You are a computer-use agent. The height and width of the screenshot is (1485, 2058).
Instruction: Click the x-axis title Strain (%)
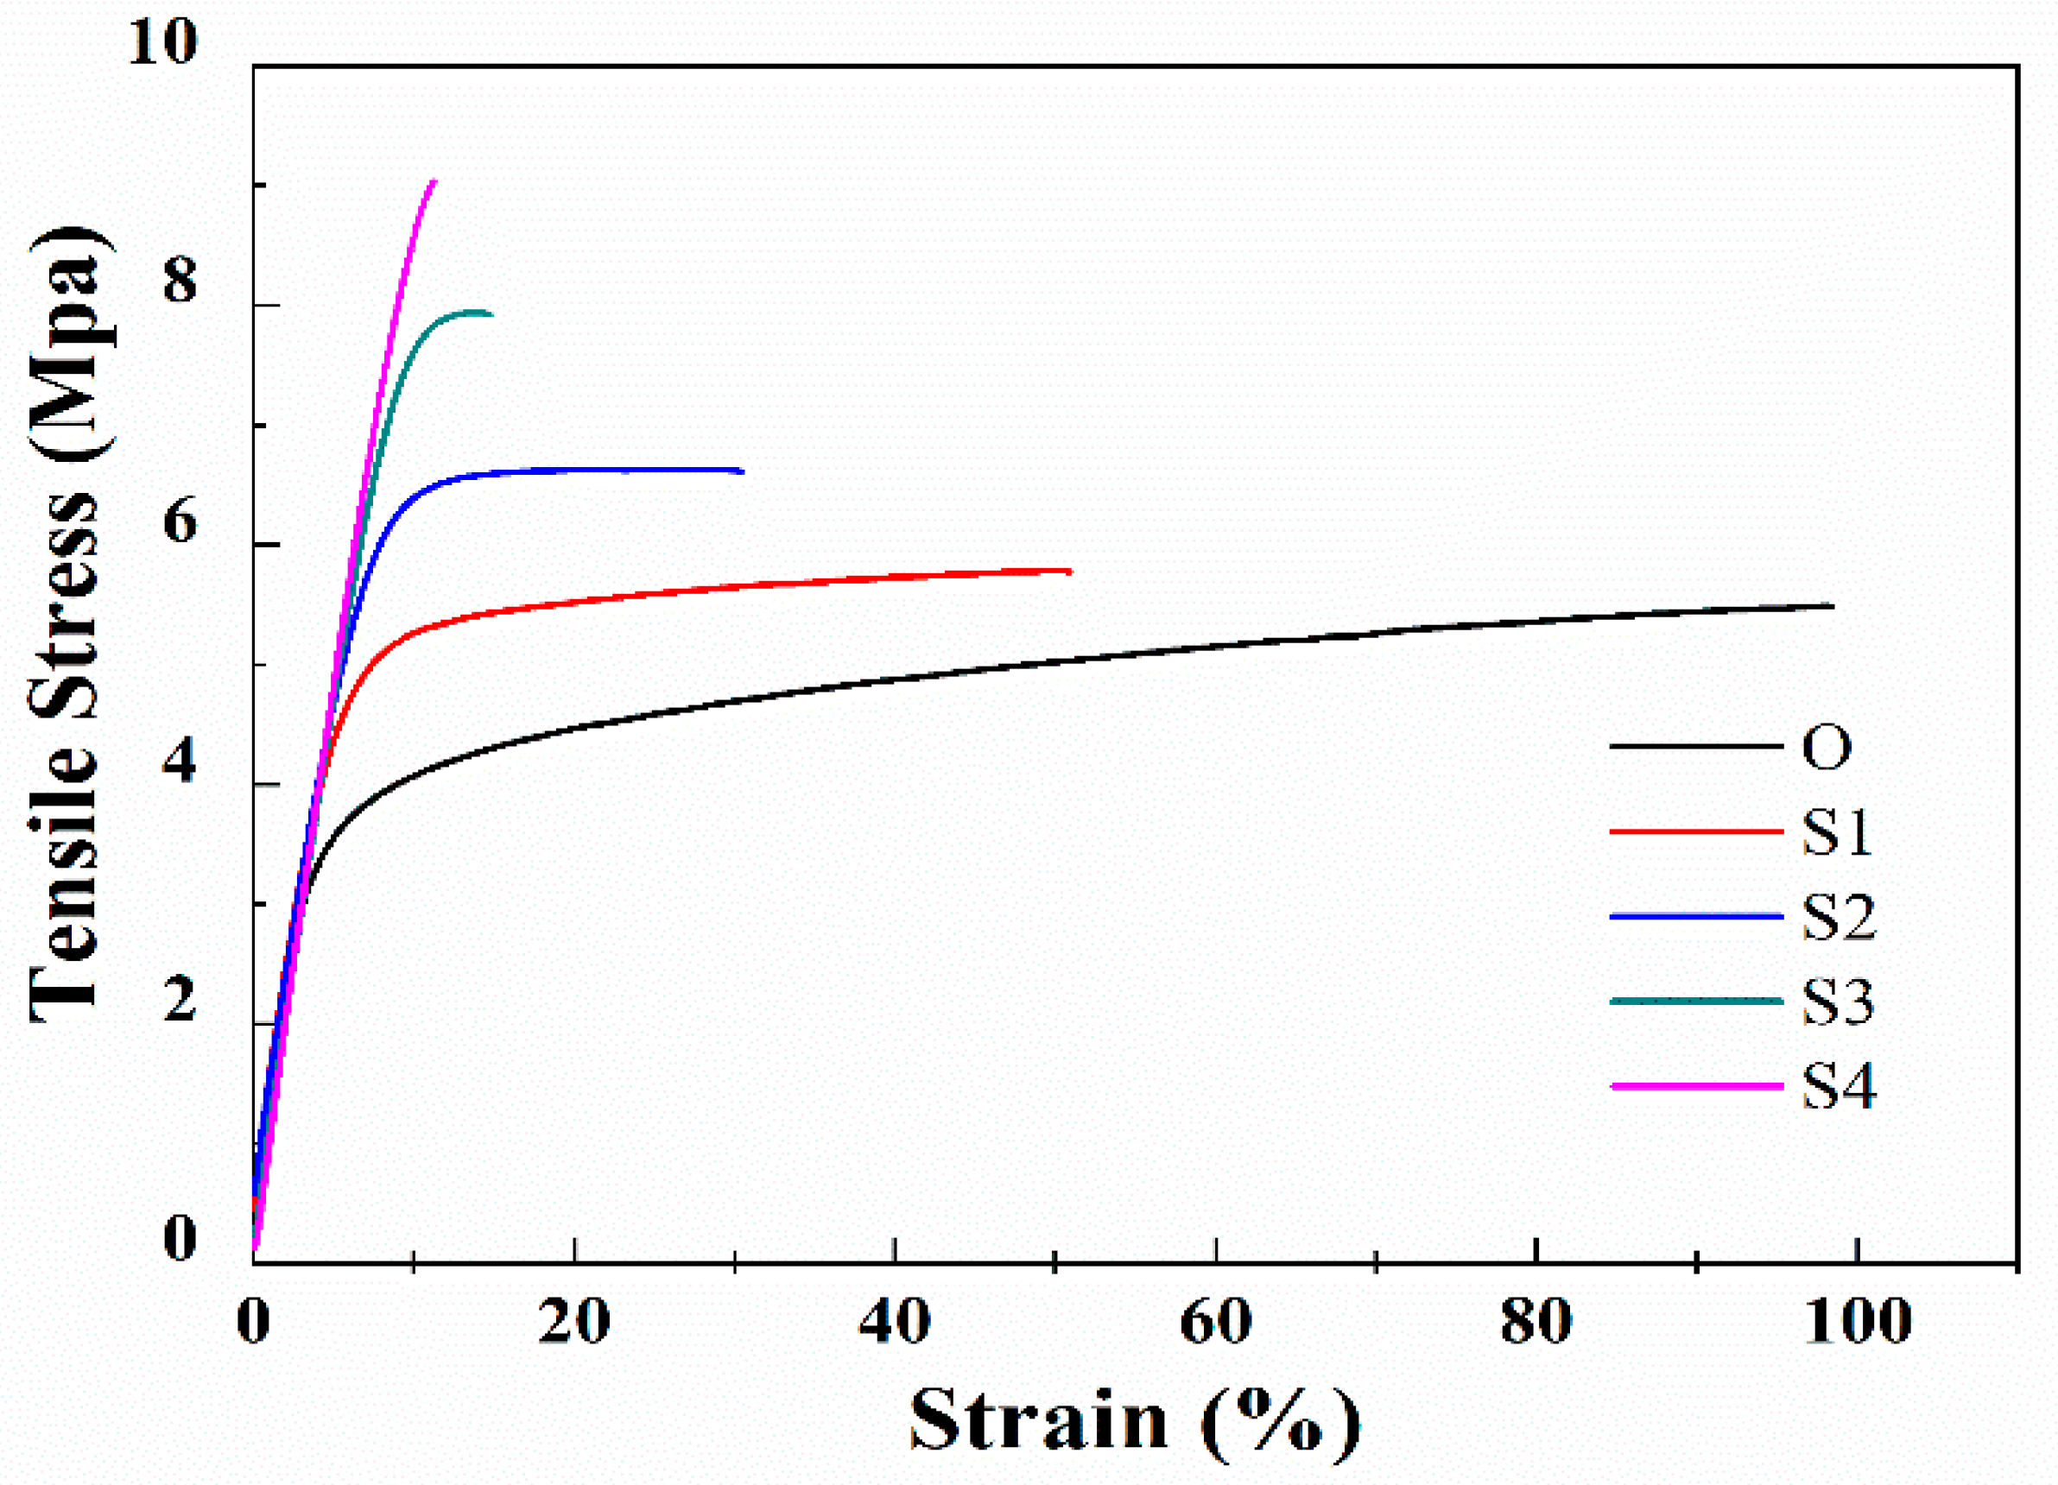(1135, 1420)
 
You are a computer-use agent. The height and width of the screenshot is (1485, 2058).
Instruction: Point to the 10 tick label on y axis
(162, 41)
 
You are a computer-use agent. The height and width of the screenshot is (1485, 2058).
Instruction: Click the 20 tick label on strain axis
(573, 1323)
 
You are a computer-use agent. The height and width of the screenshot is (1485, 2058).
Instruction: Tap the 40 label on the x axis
(895, 1323)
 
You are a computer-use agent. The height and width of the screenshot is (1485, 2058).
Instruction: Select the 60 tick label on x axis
(1216, 1323)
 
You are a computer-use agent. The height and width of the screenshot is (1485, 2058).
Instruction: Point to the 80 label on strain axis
(1536, 1323)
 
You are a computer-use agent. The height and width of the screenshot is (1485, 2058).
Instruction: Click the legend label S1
(1837, 831)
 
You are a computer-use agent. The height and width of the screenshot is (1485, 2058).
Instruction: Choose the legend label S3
(1839, 1002)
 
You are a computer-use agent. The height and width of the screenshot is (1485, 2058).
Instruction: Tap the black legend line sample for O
(1696, 747)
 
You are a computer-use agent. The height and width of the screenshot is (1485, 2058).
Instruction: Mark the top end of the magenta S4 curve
(434, 181)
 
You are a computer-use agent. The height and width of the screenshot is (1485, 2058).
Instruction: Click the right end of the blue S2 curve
(741, 471)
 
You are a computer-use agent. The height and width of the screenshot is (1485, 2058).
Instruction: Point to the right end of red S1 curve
(1070, 571)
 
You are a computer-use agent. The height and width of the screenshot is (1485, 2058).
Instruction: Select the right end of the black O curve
(1832, 605)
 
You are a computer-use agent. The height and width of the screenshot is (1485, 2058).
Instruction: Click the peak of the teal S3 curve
(476, 311)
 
